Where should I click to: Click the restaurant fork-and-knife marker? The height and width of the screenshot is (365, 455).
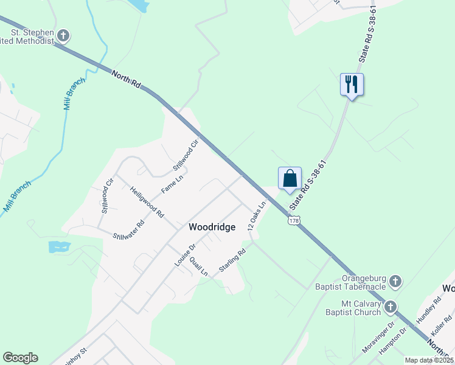pyautogui.click(x=351, y=85)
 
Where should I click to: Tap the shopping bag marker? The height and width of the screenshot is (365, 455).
pyautogui.click(x=290, y=178)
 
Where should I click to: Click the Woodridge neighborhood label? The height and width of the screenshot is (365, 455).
pyautogui.click(x=212, y=227)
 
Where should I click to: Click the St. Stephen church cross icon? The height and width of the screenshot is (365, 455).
pyautogui.click(x=63, y=36)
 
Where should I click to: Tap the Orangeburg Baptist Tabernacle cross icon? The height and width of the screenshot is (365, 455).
pyautogui.click(x=395, y=281)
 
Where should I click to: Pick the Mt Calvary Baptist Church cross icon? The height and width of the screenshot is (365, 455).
pyautogui.click(x=391, y=307)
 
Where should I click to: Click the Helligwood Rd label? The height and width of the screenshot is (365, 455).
pyautogui.click(x=147, y=202)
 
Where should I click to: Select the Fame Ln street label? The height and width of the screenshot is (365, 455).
pyautogui.click(x=172, y=185)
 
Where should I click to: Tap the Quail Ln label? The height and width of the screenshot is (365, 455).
pyautogui.click(x=198, y=265)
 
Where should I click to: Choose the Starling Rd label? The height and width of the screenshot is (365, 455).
pyautogui.click(x=232, y=260)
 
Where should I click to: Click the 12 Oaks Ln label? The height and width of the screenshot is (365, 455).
pyautogui.click(x=257, y=216)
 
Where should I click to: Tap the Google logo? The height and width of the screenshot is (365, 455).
pyautogui.click(x=20, y=358)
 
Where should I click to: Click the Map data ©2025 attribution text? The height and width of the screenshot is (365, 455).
pyautogui.click(x=428, y=360)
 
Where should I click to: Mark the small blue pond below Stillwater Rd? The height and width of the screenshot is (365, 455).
pyautogui.click(x=58, y=246)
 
